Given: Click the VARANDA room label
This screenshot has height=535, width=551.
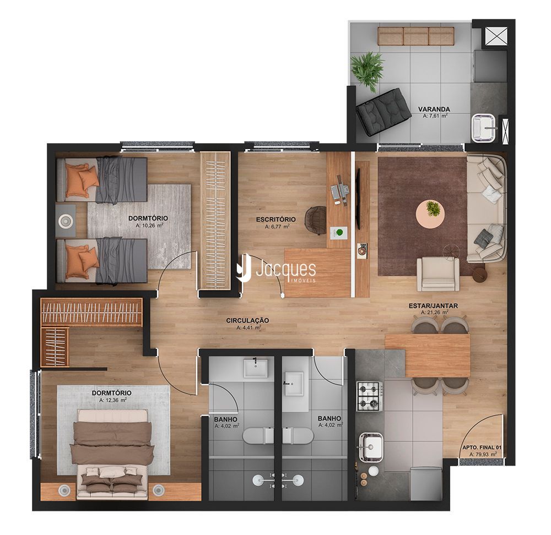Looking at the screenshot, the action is click(x=434, y=109).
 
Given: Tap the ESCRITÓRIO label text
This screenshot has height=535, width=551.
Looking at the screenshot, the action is click(x=276, y=220).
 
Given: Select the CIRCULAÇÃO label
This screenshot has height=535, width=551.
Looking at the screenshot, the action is click(x=247, y=320).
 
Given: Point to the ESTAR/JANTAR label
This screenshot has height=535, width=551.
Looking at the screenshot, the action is click(x=433, y=306).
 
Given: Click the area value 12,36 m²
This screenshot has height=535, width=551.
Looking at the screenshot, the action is click(x=113, y=400).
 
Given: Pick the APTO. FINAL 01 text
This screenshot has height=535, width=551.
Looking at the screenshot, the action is click(x=482, y=447).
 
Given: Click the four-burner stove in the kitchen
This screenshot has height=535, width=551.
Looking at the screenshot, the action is click(x=369, y=396).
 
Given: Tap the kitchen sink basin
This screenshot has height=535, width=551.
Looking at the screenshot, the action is click(x=371, y=447).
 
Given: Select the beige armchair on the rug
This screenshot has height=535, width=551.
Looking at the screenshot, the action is click(x=438, y=274).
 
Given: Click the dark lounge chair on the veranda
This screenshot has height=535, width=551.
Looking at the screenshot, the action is click(x=383, y=112).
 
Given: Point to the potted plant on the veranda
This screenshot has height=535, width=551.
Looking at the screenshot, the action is click(x=368, y=70).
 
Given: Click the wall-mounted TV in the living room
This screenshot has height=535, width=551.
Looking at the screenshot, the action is click(x=358, y=199).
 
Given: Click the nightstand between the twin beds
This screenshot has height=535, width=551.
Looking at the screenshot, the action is click(x=66, y=221).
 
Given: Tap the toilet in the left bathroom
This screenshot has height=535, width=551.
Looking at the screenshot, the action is click(x=257, y=436).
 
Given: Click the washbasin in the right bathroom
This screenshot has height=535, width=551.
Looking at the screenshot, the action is click(x=294, y=384).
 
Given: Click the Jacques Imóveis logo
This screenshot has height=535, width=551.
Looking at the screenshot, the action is click(x=276, y=270).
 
